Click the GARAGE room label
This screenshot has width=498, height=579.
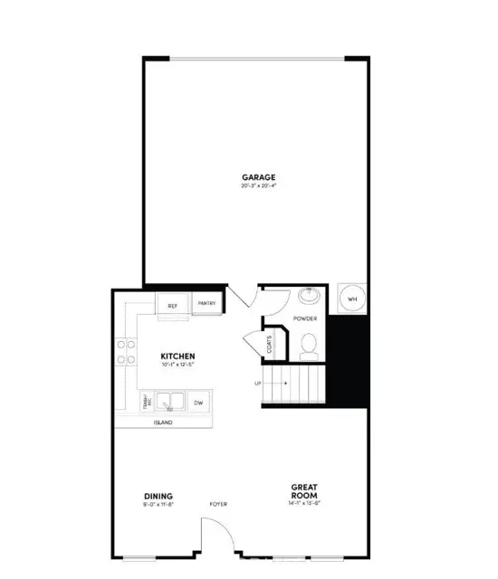coord(258,176)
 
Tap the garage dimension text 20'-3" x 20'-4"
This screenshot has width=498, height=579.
coord(258,186)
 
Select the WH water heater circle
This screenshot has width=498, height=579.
coord(353,298)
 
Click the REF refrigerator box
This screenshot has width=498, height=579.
coord(173,306)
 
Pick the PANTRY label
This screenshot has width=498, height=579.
coord(206,305)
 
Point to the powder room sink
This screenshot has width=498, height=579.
coord(307,295)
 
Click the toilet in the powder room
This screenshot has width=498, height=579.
coord(310,343)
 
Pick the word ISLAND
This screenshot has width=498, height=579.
coord(164,422)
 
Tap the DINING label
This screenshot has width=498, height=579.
coord(158,495)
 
